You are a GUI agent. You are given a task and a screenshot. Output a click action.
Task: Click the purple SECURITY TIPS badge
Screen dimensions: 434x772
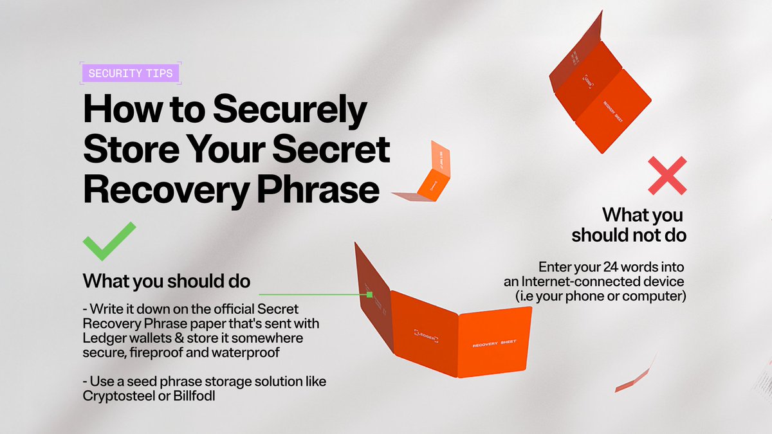(x=131, y=73)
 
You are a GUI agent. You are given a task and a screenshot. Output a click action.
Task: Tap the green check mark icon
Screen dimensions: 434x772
(x=109, y=241)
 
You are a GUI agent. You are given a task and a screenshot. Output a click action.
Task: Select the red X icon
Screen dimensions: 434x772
(x=667, y=175)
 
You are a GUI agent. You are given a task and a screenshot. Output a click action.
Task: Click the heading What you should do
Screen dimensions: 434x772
(x=167, y=282)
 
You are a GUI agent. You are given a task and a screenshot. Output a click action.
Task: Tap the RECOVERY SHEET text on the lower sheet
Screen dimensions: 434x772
(x=495, y=345)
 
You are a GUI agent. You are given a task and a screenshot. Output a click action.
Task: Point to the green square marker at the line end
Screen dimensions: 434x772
(x=370, y=294)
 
